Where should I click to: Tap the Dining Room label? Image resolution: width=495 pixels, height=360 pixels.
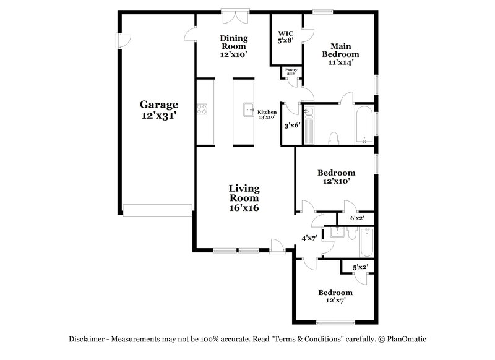click(x=233, y=46)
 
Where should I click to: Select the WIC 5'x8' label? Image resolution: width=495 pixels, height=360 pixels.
click(x=285, y=36)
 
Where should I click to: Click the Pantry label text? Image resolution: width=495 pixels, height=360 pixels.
click(x=291, y=71)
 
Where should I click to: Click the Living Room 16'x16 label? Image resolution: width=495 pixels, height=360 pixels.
click(x=244, y=198)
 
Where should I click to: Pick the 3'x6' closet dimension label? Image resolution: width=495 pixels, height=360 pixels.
click(x=291, y=125)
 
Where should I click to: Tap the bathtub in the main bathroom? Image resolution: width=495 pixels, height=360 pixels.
click(x=364, y=124)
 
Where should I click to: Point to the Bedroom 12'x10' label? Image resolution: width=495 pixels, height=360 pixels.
click(x=336, y=177)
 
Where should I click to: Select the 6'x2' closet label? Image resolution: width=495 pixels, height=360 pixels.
click(x=357, y=218)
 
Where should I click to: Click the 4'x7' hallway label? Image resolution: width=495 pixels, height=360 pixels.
click(x=309, y=238)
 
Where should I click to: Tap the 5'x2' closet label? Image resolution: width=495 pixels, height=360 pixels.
click(x=359, y=268)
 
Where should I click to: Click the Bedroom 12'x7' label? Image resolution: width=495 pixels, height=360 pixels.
click(x=335, y=296)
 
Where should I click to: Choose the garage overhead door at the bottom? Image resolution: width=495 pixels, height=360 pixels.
click(x=157, y=210)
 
